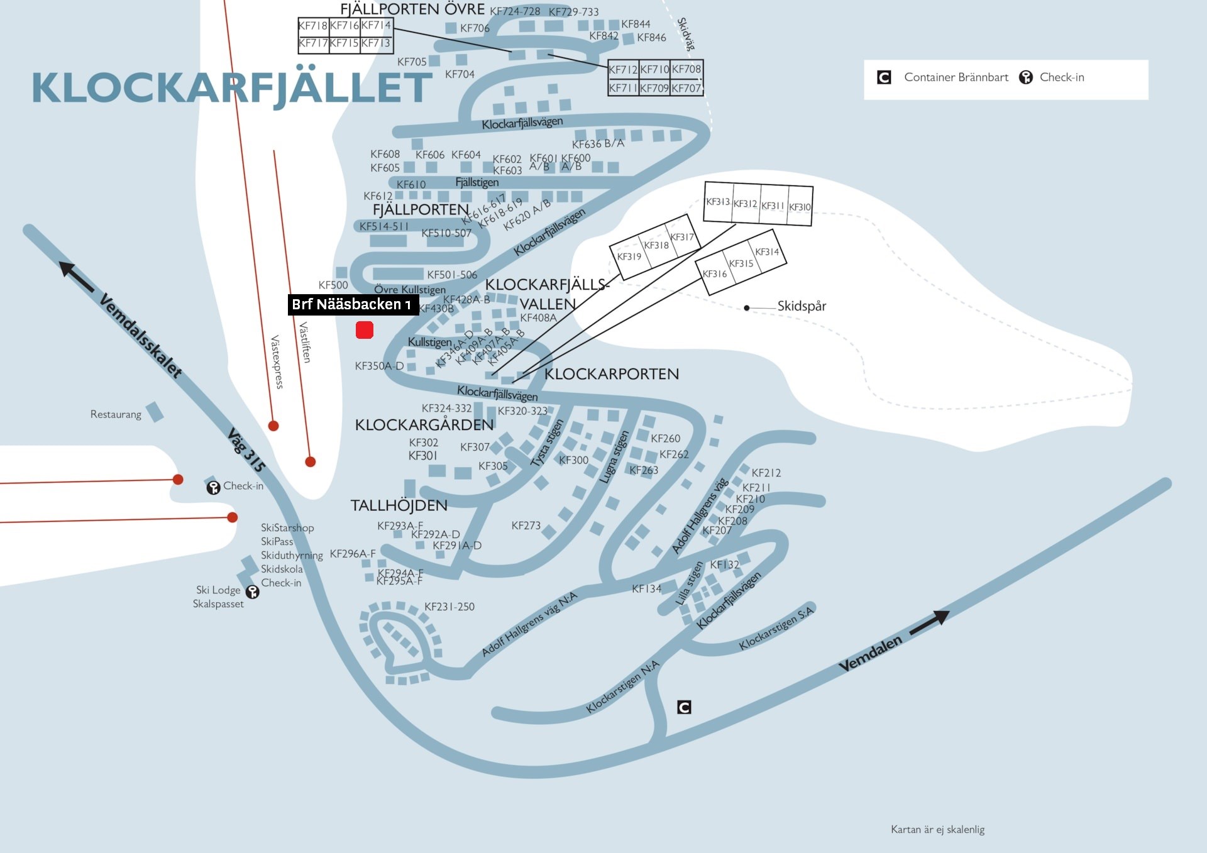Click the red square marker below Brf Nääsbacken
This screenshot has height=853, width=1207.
point(365,330)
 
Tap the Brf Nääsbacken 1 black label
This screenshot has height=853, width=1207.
point(353,305)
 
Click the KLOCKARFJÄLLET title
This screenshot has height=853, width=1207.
point(231,87)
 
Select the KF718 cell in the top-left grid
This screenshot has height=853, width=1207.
point(313,26)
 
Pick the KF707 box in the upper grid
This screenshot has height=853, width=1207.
point(686,89)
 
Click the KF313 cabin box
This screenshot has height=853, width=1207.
point(718,202)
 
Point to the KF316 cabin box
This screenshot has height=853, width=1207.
point(715,274)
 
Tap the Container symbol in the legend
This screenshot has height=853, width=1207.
point(884,77)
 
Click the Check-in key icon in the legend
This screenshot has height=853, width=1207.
point(1026,77)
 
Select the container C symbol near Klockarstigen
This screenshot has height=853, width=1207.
point(684,707)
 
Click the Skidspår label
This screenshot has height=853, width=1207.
point(802,306)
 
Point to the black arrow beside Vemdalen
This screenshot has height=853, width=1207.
point(929,622)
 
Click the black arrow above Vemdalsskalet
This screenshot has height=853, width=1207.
point(76,277)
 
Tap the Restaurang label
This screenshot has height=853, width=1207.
point(116,414)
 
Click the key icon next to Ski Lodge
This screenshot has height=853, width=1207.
point(253,592)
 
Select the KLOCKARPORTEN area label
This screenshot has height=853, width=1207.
point(612,374)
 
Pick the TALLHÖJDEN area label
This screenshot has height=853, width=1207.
point(399,505)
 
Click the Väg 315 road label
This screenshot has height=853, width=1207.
point(246,449)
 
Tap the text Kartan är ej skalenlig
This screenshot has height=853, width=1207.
point(937,829)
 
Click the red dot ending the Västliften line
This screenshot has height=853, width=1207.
point(310,461)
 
